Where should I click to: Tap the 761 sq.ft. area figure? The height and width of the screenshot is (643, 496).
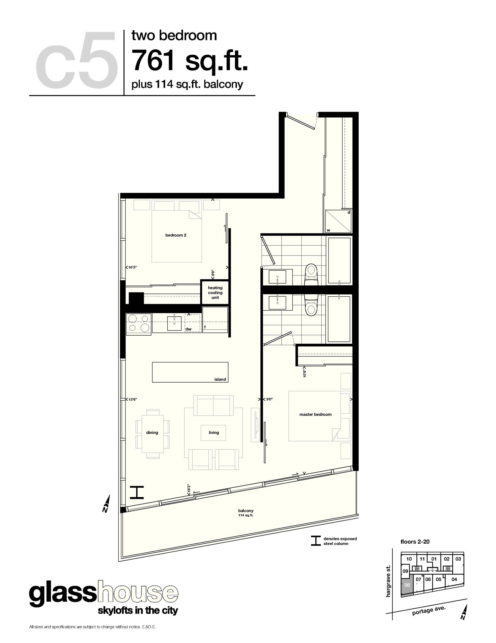[190, 60]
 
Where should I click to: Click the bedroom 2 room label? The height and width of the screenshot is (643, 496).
[176, 235]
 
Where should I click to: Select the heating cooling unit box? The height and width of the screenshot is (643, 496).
[215, 293]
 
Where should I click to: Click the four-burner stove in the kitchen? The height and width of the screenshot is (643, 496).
[139, 323]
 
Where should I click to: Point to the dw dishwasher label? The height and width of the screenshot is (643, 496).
[188, 329]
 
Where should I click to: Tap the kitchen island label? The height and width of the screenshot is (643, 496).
[220, 379]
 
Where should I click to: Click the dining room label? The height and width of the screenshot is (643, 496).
[152, 433]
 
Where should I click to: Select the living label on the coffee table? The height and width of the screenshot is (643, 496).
[214, 433]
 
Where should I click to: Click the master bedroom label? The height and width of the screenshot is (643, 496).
[315, 414]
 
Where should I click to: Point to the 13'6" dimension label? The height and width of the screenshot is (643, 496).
[133, 399]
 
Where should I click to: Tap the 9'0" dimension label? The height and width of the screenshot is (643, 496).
[269, 399]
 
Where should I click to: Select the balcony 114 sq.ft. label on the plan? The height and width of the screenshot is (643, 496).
[246, 512]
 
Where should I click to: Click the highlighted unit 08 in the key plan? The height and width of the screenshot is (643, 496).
[407, 585]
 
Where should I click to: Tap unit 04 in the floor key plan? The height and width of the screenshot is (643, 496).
[454, 580]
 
